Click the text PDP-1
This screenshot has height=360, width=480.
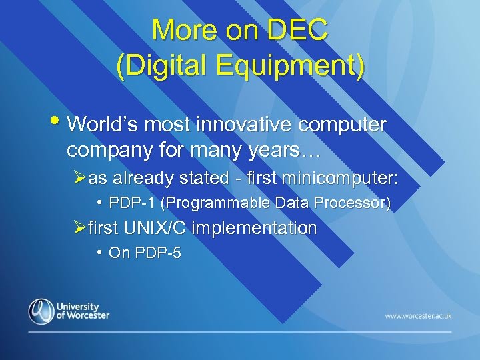(x=130, y=203)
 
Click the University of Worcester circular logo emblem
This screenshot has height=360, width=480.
(x=41, y=311)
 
